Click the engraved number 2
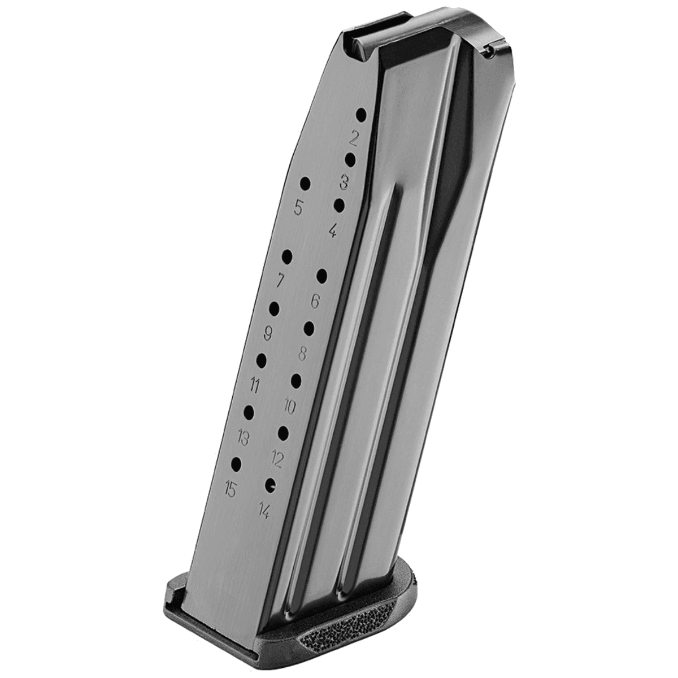355,137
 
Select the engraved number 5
299,208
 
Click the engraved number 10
290,406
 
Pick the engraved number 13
244,437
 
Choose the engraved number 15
230,489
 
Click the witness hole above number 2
361,115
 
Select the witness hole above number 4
339,205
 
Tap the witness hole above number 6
322,276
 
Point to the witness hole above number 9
275,308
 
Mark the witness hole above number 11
262,359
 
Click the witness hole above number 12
282,433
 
